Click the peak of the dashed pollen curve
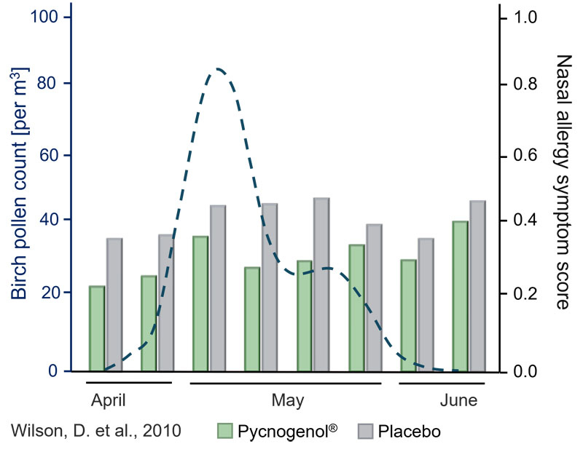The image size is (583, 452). pyautogui.click(x=217, y=68)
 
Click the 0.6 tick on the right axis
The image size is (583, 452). pyautogui.click(x=527, y=155)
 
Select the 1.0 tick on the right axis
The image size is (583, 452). pyautogui.click(x=527, y=17)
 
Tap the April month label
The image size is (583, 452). pyautogui.click(x=109, y=400)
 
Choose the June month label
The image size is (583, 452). pyautogui.click(x=459, y=400)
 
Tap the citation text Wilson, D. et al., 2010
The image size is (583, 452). pyautogui.click(x=97, y=431)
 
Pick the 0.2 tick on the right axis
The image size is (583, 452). pyautogui.click(x=527, y=293)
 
